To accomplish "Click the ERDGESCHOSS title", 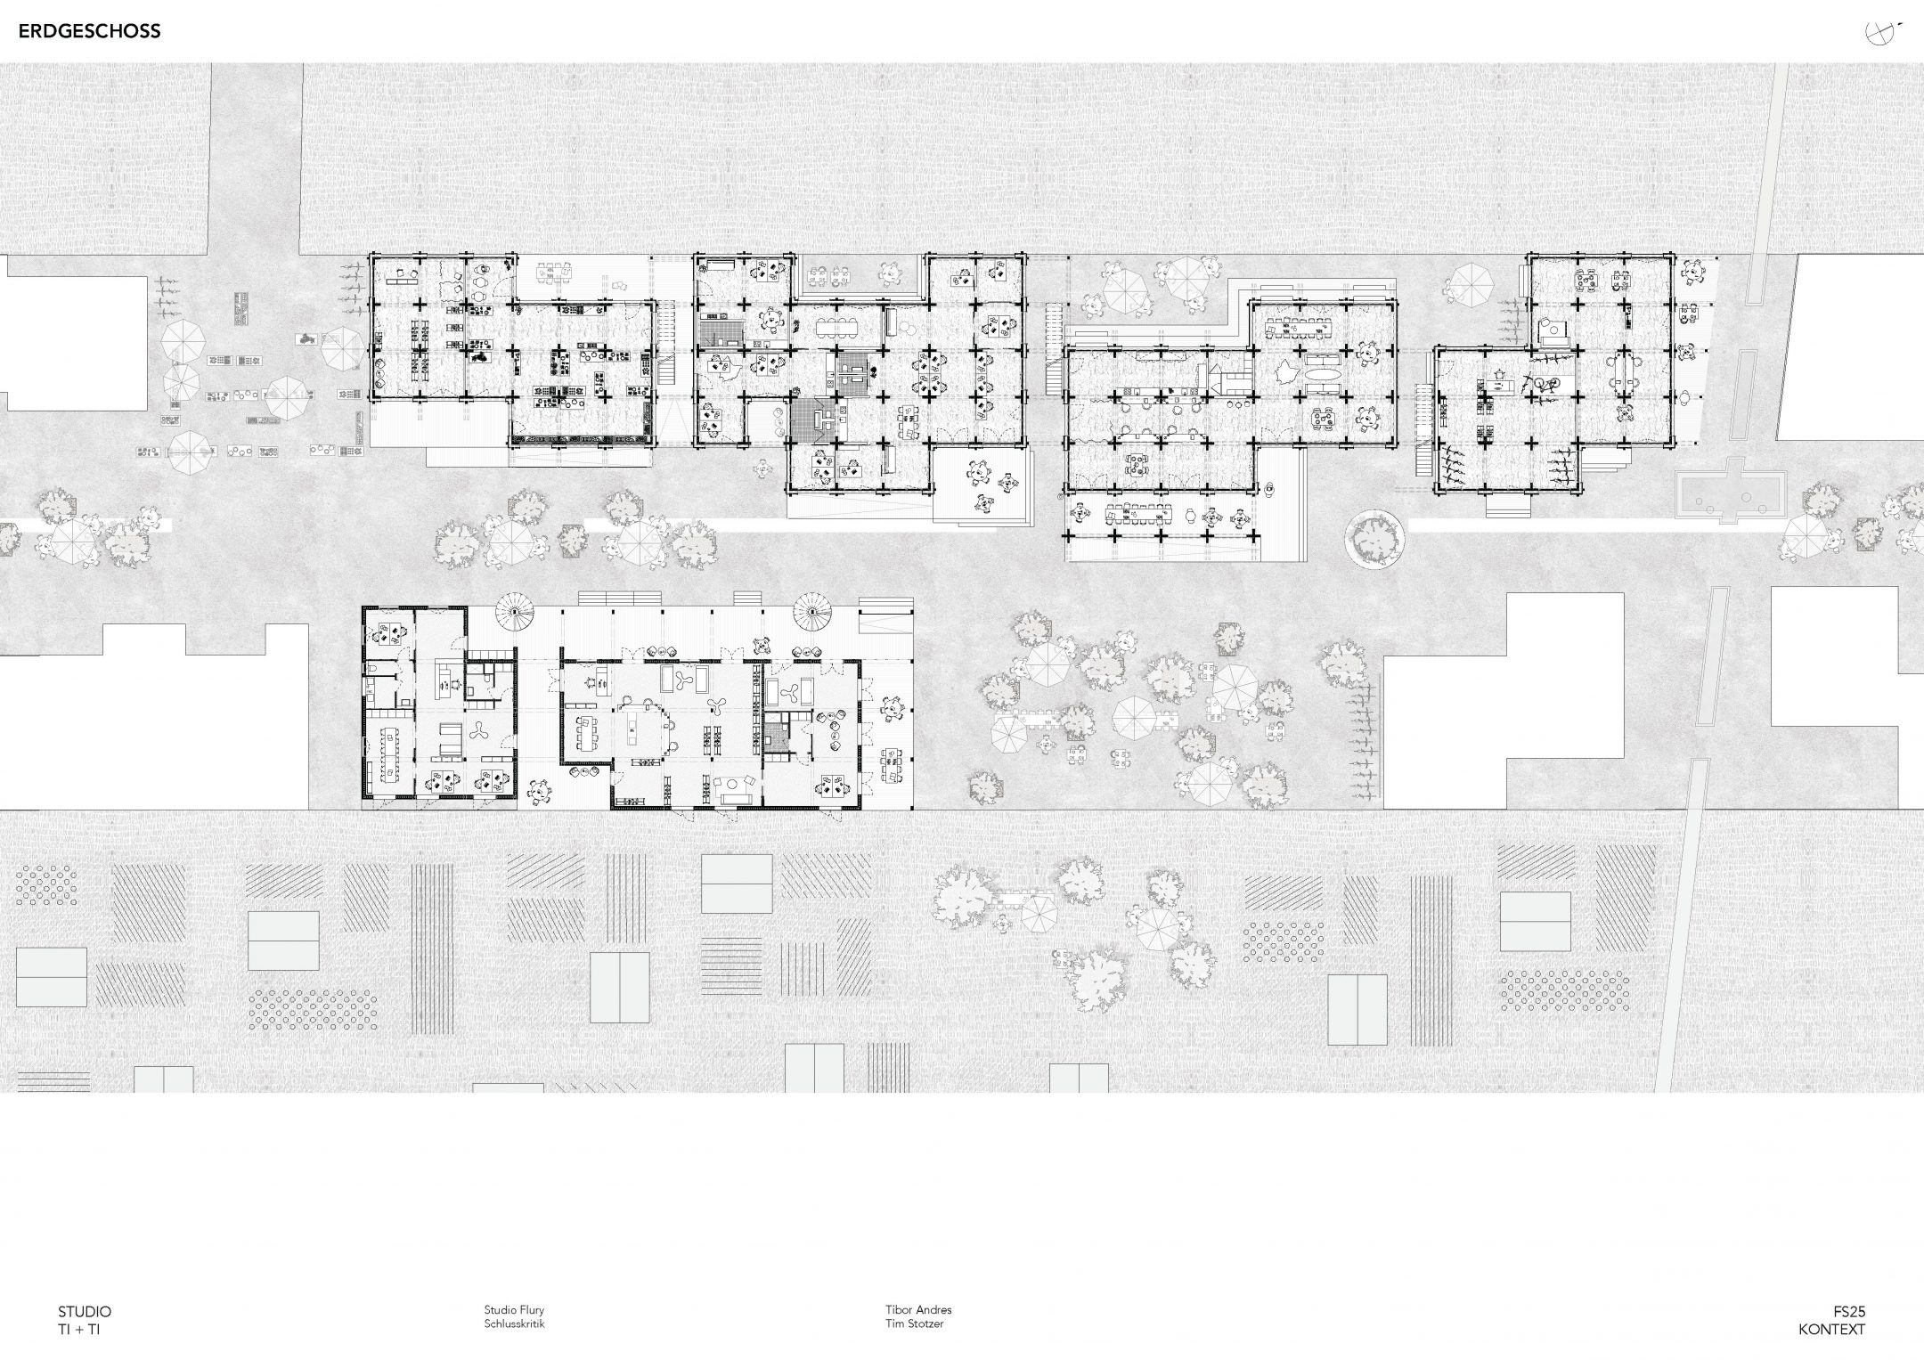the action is pos(89,31).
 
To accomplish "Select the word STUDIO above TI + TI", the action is pos(85,1311).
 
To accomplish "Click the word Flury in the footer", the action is pos(532,1310).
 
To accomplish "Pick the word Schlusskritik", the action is pos(514,1323).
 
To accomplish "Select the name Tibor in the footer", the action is pos(899,1310).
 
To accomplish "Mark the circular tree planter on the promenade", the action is pos(1376,538).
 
